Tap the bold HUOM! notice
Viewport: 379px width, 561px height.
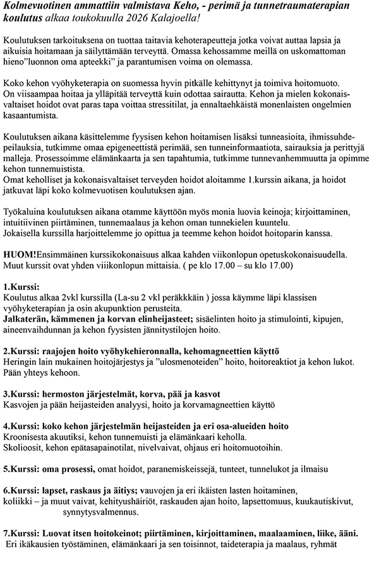pos(20,254)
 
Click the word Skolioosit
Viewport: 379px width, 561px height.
pos(25,447)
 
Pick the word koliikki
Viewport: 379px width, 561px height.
pos(18,502)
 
